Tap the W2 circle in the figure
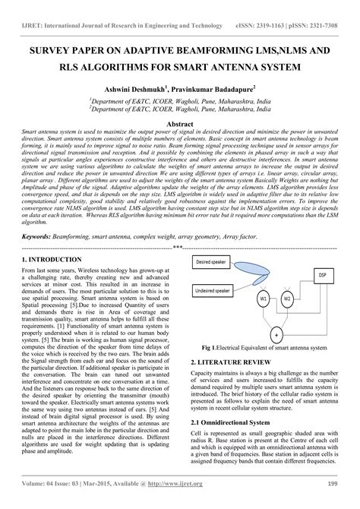click(287, 298)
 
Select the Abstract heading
click(180, 122)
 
